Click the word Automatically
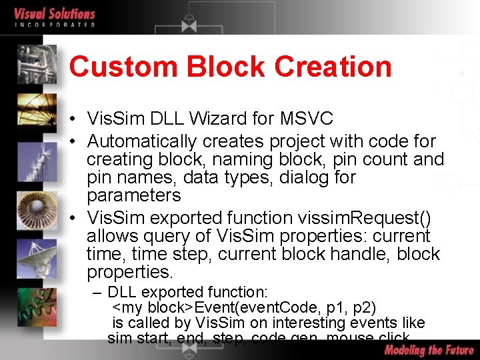coord(142,141)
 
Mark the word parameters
coord(133,195)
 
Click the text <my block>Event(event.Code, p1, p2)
coord(245,307)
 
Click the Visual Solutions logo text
coord(55,14)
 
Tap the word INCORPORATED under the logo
coord(55,25)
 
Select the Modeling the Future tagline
coord(429,350)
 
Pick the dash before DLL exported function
coord(98,292)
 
